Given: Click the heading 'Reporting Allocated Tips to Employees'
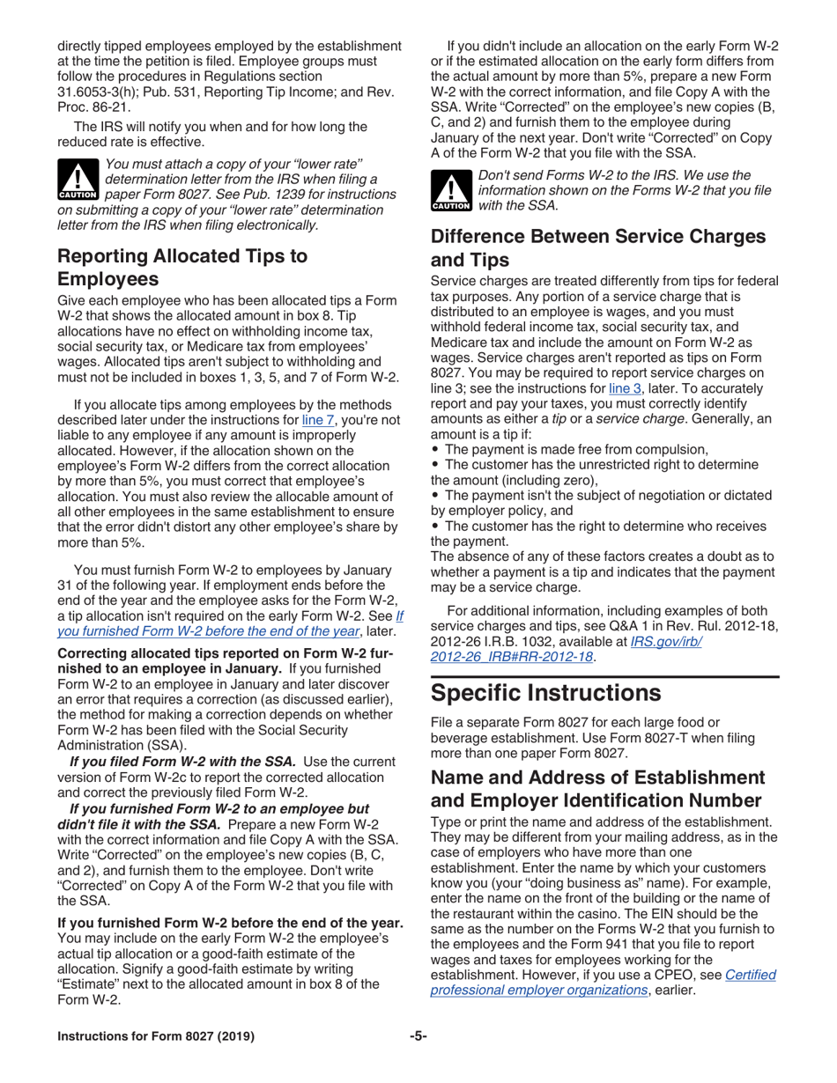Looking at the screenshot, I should click(x=182, y=268).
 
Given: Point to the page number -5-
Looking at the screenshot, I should click(x=418, y=1036).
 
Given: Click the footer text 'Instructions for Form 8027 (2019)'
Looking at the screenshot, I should click(x=156, y=1036).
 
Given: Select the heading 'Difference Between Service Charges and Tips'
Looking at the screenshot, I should click(x=597, y=248).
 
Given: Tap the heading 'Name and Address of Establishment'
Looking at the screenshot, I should click(x=597, y=777).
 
